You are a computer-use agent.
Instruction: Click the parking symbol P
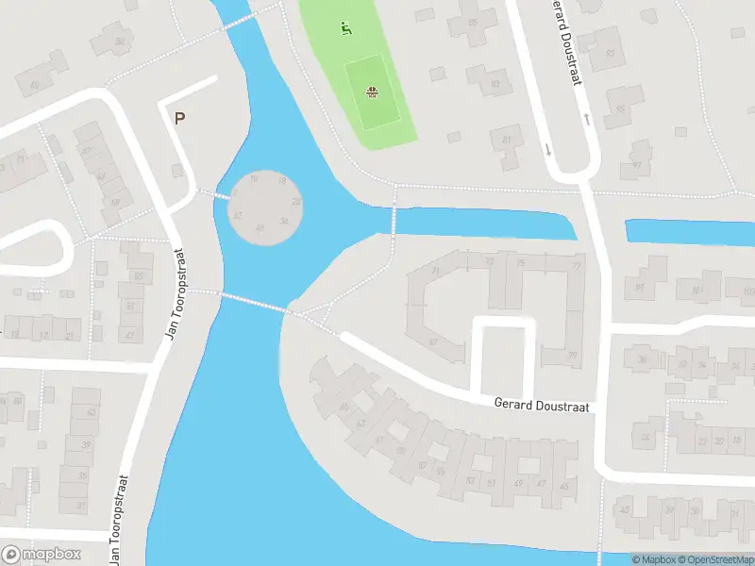point(179,119)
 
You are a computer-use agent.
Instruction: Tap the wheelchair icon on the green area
point(345,29)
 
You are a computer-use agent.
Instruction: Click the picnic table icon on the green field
point(373,92)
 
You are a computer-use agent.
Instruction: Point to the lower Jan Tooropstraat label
point(121,519)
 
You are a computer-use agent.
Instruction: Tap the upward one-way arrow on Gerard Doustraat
point(586,120)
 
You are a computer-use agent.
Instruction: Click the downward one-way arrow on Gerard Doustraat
point(547,149)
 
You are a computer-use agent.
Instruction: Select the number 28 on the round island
point(296,202)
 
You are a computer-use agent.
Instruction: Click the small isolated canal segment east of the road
point(689,232)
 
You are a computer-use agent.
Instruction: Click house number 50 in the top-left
point(36,85)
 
